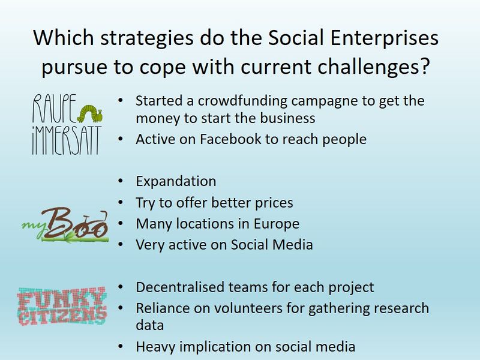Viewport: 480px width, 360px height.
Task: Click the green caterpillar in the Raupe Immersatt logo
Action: click(89, 114)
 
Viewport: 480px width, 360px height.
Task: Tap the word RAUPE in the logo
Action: click(55, 108)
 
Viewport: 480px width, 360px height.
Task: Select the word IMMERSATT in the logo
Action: click(67, 140)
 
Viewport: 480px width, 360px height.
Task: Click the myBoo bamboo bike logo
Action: click(65, 225)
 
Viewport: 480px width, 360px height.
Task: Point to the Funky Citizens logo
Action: click(62, 306)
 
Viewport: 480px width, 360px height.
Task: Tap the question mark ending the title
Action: click(424, 67)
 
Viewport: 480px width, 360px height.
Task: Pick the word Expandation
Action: click(176, 181)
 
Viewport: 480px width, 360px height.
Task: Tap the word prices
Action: click(274, 203)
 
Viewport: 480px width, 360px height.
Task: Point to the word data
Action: click(149, 325)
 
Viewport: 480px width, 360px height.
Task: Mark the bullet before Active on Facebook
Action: click(121, 139)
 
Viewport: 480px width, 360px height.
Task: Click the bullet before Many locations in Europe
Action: click(121, 223)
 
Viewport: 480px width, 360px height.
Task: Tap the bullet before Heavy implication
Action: click(121, 347)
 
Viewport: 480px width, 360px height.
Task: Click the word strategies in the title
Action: click(147, 38)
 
